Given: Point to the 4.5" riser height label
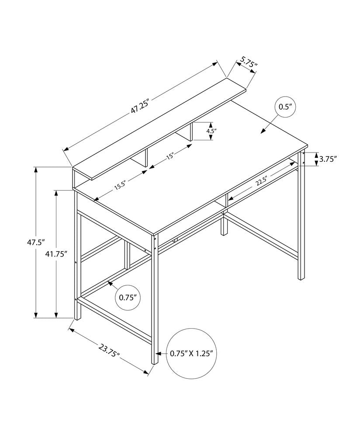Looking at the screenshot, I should point(211,131).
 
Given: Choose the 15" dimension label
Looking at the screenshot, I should point(170,156).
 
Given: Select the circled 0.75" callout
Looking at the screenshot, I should point(128,298).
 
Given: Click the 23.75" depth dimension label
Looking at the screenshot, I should point(109,350).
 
